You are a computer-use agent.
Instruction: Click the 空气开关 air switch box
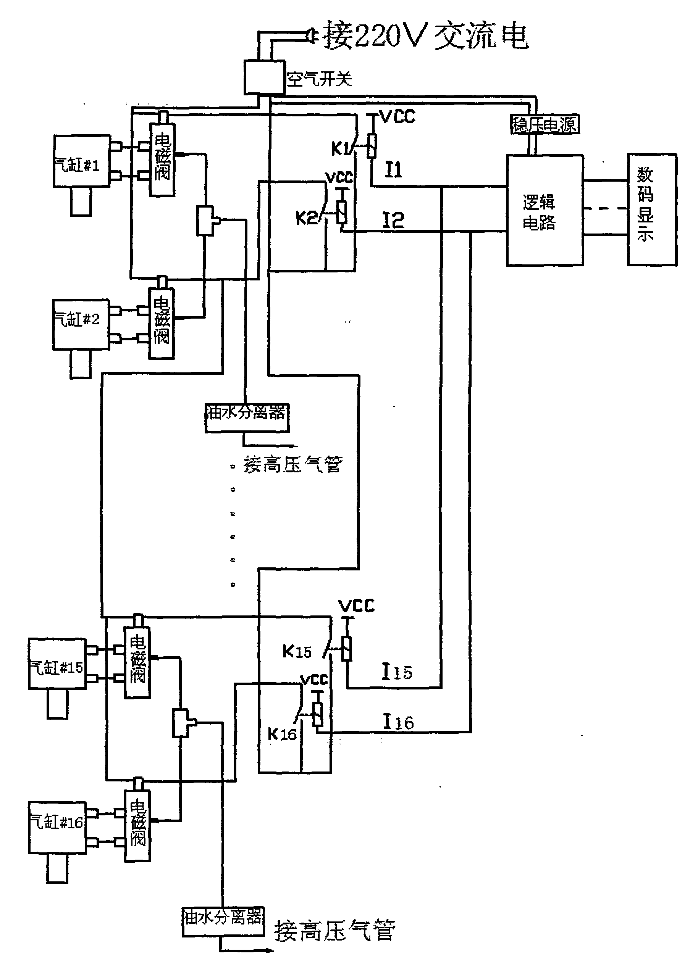[264, 77]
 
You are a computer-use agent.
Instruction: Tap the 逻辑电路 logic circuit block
[545, 210]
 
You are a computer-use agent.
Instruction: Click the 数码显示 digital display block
[651, 209]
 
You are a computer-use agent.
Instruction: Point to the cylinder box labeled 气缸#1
[81, 161]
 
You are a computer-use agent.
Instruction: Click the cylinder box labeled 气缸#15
[57, 663]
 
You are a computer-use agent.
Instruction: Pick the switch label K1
[341, 148]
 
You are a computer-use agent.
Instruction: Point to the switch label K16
[281, 734]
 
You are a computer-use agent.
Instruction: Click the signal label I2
[393, 220]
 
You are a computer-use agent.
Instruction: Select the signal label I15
[396, 672]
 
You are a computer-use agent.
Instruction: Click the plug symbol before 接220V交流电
[311, 37]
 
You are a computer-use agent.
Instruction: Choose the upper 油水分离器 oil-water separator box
[247, 418]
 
